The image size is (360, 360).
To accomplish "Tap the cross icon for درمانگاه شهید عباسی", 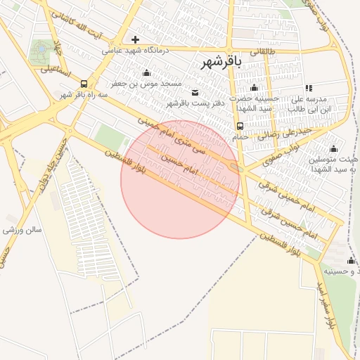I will tap(135, 39).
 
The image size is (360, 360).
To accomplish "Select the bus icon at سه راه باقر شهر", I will tap(84, 84).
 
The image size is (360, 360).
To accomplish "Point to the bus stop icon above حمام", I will tap(240, 126).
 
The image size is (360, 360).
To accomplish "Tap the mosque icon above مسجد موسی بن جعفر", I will tap(146, 72).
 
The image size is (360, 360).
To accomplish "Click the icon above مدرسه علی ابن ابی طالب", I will tap(309, 88).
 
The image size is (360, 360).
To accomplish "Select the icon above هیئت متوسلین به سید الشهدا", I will tap(333, 148).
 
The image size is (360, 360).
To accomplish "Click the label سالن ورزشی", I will tap(22, 230).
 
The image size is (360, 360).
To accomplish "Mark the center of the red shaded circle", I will tap(180, 179).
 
